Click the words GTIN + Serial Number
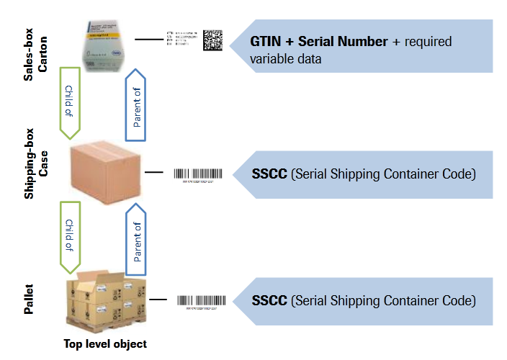pos(318,42)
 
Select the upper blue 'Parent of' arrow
pos(138,101)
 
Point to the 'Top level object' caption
pos(105,343)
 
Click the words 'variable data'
pos(286,59)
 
